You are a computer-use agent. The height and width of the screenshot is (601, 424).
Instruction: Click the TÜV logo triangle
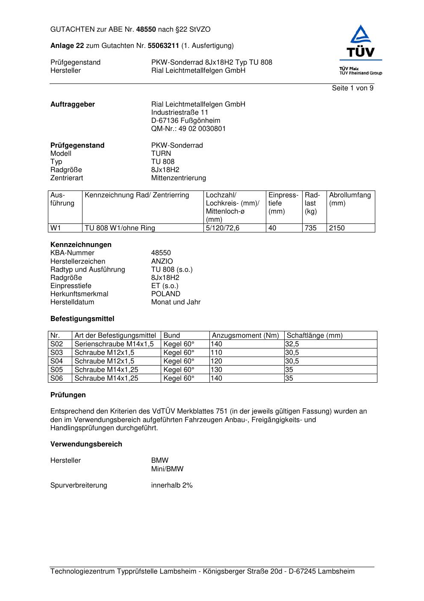pos(361,35)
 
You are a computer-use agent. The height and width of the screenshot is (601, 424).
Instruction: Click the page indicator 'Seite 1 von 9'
pos(353,88)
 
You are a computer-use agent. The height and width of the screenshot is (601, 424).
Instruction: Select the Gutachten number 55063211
pos(163,46)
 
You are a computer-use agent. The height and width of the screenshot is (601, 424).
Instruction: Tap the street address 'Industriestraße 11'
pos(180,113)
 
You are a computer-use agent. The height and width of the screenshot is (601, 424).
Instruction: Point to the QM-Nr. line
pos(188,129)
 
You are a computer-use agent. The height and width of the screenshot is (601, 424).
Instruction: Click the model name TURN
pos(161,154)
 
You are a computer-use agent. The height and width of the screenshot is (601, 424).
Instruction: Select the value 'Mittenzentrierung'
pos(178,178)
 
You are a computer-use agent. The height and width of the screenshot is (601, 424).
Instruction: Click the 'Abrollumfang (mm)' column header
pos(350,199)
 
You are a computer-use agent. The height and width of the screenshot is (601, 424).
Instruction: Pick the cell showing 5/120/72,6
pos(222,228)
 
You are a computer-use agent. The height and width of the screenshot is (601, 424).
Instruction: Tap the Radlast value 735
pos(310,228)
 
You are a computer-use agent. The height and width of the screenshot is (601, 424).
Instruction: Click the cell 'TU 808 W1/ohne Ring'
pos(120,228)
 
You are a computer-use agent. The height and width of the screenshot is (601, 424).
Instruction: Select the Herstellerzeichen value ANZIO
pos(162,262)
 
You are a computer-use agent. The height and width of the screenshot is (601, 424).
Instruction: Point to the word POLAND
pos(165,294)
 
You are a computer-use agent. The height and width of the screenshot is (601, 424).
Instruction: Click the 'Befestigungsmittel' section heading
pos(82,319)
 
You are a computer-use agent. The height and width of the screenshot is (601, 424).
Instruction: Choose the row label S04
pos(56,361)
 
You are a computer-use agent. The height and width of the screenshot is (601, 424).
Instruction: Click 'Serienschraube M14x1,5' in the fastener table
pos(114,344)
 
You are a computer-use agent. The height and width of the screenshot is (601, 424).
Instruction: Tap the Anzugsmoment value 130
pos(216,370)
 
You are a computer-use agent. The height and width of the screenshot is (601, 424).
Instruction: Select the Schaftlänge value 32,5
pos(292,344)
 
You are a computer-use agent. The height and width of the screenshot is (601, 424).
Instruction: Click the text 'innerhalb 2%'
pos(171,485)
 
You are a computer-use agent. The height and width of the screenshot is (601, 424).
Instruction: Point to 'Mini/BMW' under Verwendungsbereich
pos(167,469)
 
